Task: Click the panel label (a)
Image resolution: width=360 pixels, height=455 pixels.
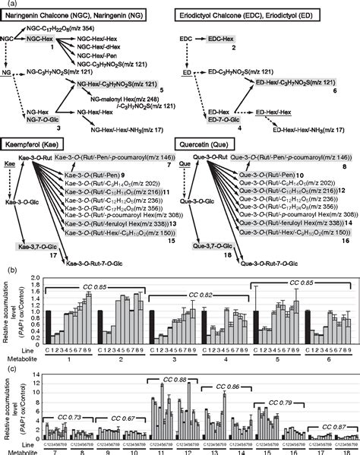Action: (x=7, y=4)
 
